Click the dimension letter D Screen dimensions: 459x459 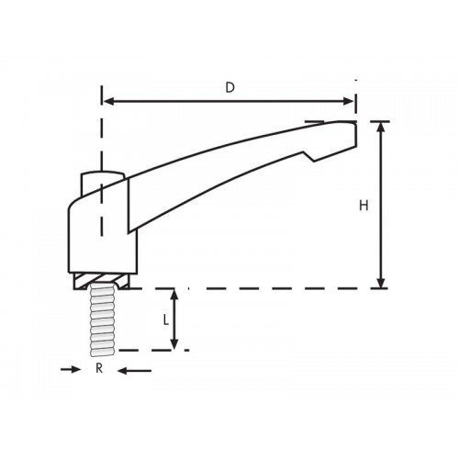click(230, 87)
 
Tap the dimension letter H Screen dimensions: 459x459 click(364, 207)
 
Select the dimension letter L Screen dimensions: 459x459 click(164, 319)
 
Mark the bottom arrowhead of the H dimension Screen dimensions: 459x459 click(382, 282)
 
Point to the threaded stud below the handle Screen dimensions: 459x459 click(100, 321)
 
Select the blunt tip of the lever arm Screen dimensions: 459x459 click(352, 132)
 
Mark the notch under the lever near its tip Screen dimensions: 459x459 click(315, 158)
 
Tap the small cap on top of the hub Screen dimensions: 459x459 click(101, 174)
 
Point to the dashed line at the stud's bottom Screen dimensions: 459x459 click(147, 350)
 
